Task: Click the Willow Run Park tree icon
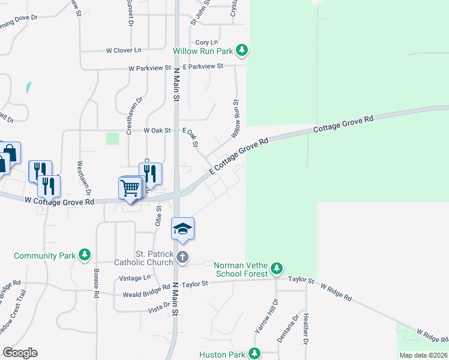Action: coord(242,51)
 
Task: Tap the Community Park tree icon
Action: coord(85,256)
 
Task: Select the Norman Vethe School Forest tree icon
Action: coord(276,268)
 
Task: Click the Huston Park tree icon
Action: coord(255,354)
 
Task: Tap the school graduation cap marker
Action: coord(183,229)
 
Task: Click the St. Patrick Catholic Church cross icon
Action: coord(183,258)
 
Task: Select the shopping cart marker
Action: coord(130,188)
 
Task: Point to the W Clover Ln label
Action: coord(127,50)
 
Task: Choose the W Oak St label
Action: coord(157,130)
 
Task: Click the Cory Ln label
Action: coord(206,43)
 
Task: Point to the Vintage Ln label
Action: coord(135,278)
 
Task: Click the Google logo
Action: coord(20,353)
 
